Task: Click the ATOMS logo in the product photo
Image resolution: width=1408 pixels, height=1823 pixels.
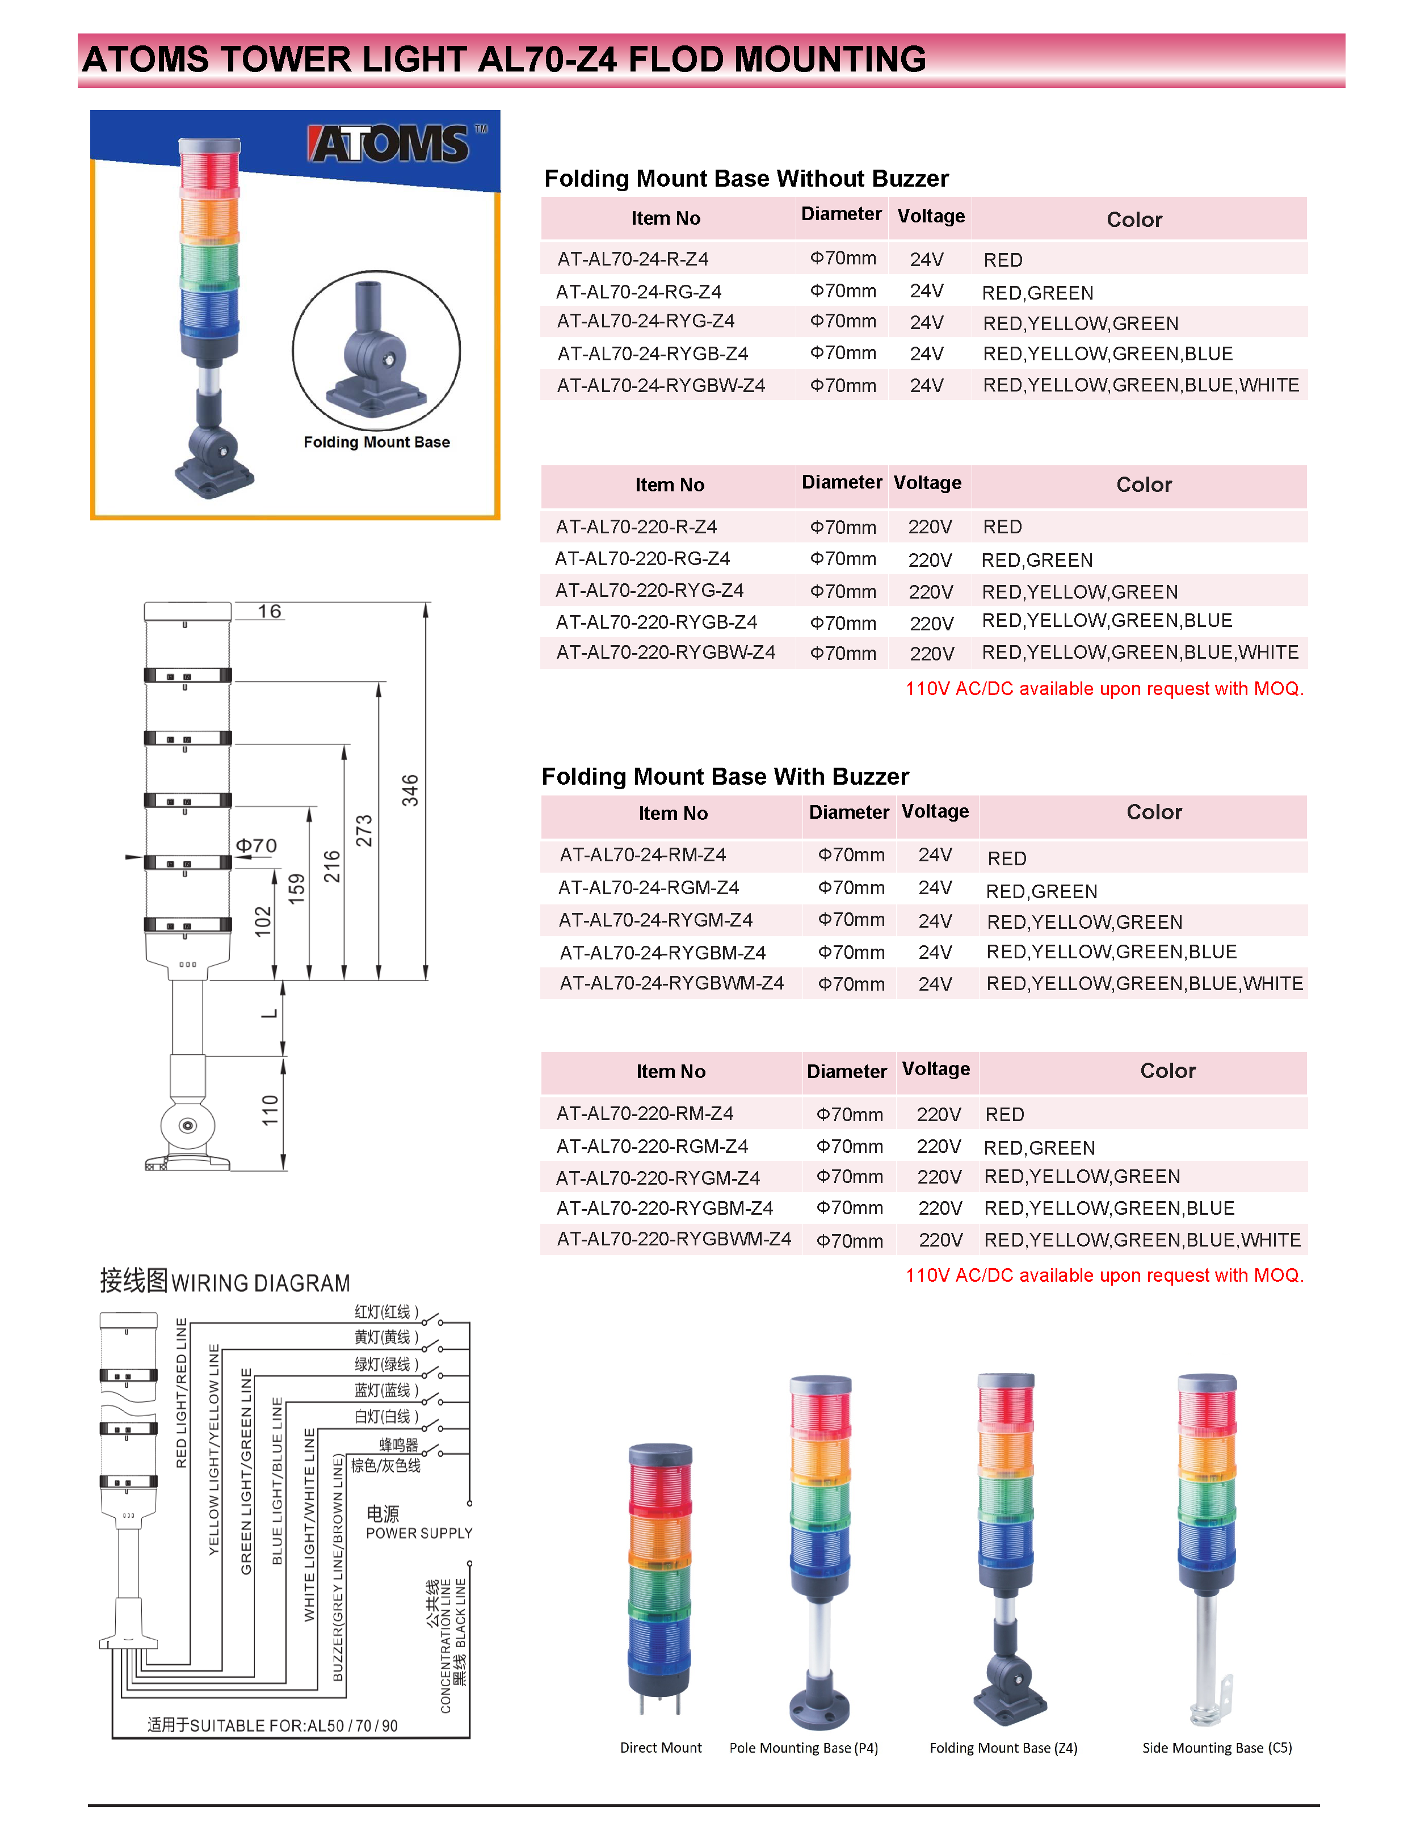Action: [390, 145]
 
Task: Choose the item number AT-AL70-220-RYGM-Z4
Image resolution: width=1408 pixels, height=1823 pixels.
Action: [658, 1178]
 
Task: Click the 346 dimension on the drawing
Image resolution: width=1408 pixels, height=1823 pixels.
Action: [410, 790]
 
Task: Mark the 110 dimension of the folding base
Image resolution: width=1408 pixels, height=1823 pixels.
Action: [270, 1111]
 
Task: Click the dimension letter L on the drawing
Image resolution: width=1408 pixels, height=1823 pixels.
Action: [269, 1013]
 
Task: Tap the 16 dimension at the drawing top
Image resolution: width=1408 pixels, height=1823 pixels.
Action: [269, 611]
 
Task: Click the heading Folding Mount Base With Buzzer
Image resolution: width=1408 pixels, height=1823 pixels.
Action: [725, 776]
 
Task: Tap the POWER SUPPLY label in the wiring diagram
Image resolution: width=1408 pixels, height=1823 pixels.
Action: [419, 1534]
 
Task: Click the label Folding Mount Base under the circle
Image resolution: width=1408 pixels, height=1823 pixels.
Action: [377, 443]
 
